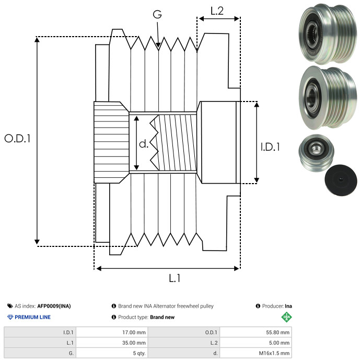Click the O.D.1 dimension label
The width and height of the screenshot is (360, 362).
tap(17, 139)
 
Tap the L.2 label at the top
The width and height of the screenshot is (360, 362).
tap(217, 10)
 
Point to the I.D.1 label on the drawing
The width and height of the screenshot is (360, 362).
tap(270, 148)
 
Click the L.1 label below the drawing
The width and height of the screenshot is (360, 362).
tap(175, 278)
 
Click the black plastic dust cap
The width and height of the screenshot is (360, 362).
tap(341, 181)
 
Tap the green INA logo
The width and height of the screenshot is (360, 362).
tap(286, 316)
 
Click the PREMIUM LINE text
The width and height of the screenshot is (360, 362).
tap(33, 317)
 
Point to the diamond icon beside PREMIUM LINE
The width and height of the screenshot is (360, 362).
tap(10, 317)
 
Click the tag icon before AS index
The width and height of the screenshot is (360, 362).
tap(10, 306)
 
